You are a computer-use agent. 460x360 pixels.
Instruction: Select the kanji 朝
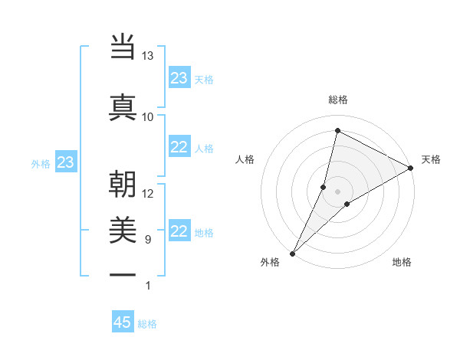(123, 185)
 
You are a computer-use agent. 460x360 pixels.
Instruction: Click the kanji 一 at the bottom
(123, 273)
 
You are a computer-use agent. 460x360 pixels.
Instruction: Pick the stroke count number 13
(148, 56)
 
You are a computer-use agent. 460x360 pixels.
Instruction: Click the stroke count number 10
(148, 116)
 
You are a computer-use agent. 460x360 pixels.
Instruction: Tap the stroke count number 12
(148, 193)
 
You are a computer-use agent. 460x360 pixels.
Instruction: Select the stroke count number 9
(148, 240)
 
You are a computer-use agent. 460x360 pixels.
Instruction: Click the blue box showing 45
(123, 322)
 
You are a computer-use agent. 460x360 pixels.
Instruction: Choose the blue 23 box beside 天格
(179, 78)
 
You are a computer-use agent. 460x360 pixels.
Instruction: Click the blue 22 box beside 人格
(179, 148)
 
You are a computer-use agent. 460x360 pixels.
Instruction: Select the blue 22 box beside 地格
(179, 232)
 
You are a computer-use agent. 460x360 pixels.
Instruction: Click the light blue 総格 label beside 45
(147, 324)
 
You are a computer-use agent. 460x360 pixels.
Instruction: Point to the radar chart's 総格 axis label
(338, 100)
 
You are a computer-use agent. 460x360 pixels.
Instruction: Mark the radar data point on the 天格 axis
(411, 168)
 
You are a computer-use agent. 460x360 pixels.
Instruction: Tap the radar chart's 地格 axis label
(402, 262)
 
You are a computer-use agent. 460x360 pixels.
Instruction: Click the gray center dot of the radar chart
(337, 191)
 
